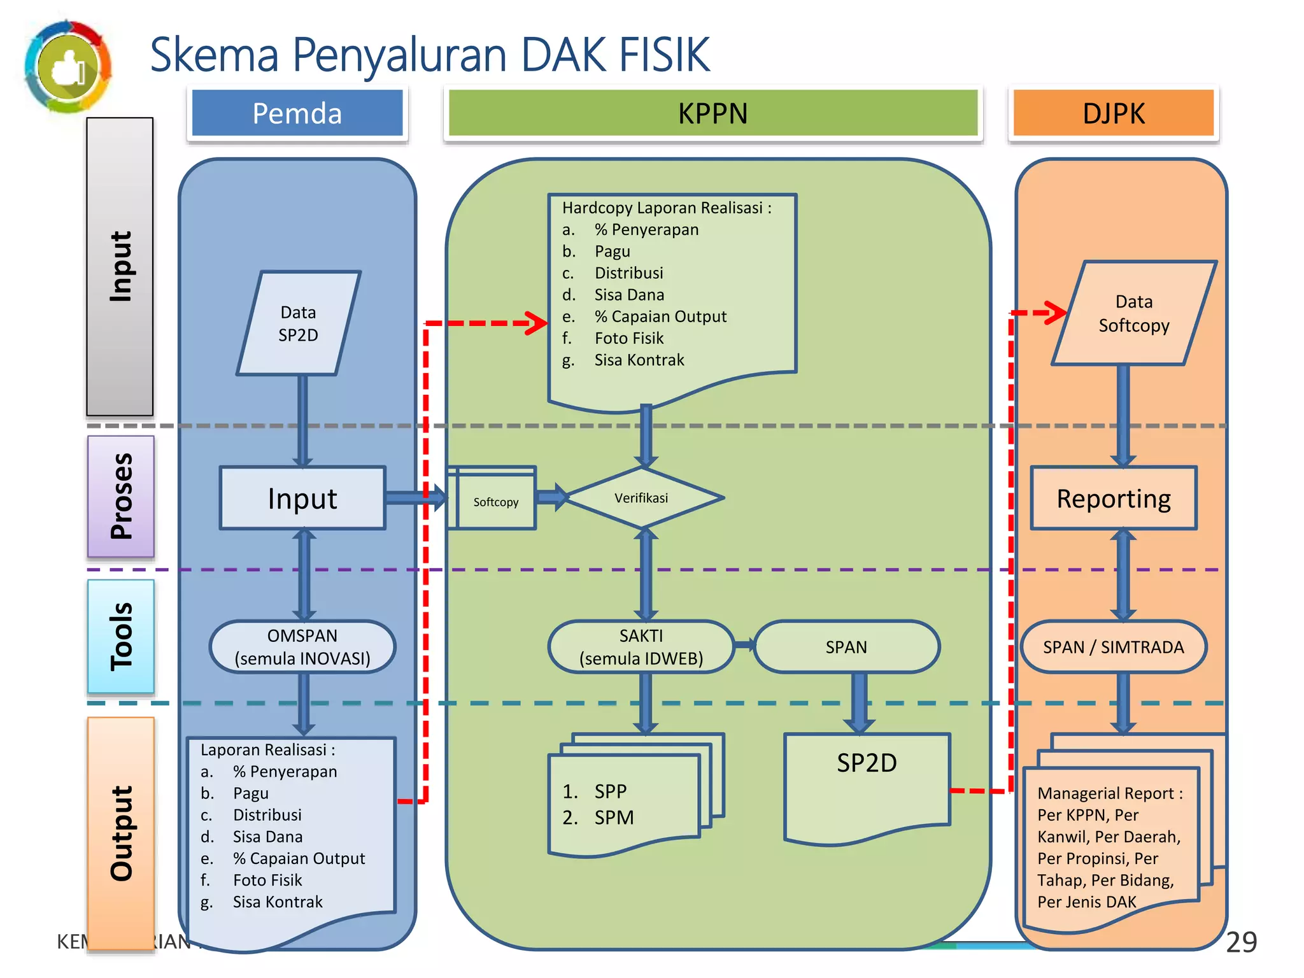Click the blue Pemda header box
297,113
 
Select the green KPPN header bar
712,113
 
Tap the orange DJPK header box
1113,113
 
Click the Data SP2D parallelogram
298,323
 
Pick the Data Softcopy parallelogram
1133,313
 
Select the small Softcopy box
495,502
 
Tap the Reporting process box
1114,499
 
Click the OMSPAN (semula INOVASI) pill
302,647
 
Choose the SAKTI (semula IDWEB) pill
641,647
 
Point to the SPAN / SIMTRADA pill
1113,647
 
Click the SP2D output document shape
867,783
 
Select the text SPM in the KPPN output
614,818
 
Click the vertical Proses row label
121,496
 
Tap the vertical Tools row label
121,636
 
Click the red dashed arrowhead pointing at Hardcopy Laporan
536,323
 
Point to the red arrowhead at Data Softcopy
1057,313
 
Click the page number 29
1241,942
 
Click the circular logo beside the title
68,67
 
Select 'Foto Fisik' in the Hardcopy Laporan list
629,338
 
